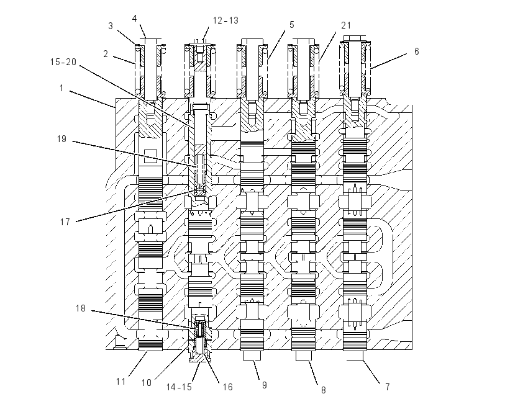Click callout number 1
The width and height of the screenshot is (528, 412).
click(61, 89)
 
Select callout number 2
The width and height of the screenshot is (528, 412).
click(106, 54)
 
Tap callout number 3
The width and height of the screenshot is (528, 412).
click(111, 26)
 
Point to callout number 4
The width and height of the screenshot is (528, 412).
click(135, 19)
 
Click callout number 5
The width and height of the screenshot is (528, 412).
click(291, 25)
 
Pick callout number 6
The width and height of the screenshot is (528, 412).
click(417, 51)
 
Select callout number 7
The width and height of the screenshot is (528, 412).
click(388, 387)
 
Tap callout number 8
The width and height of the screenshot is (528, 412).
click(323, 390)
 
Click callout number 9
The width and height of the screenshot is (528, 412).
click(265, 385)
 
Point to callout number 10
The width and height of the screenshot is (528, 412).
click(147, 383)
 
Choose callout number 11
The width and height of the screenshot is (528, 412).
click(121, 382)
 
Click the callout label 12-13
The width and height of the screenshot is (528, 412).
click(225, 20)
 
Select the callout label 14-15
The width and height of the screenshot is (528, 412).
click(179, 387)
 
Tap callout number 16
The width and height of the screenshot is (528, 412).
click(227, 387)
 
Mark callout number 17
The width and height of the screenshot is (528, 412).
click(65, 222)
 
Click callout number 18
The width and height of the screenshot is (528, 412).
click(81, 308)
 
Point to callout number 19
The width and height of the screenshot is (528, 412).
click(61, 139)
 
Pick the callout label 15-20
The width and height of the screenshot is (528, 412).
click(63, 62)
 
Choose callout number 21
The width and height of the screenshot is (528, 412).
click(346, 25)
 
